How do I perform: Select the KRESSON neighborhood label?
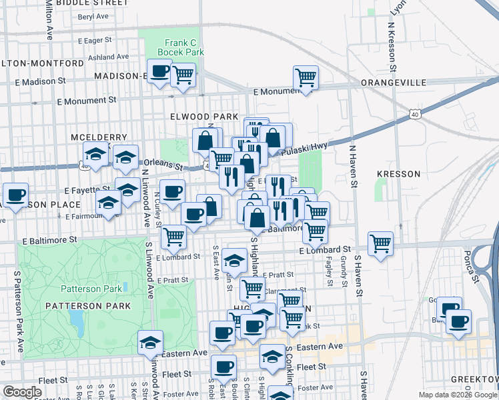click(x=398, y=174)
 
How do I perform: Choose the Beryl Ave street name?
click(x=93, y=17)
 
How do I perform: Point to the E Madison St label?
click(x=40, y=81)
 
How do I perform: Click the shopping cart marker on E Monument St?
click(x=306, y=77)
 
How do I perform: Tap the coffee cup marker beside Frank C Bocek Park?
click(x=159, y=71)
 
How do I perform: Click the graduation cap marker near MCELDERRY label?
click(x=96, y=154)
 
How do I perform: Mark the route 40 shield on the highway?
click(x=415, y=115)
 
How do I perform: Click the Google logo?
click(x=22, y=393)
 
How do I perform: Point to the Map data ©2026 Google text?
click(x=457, y=395)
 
